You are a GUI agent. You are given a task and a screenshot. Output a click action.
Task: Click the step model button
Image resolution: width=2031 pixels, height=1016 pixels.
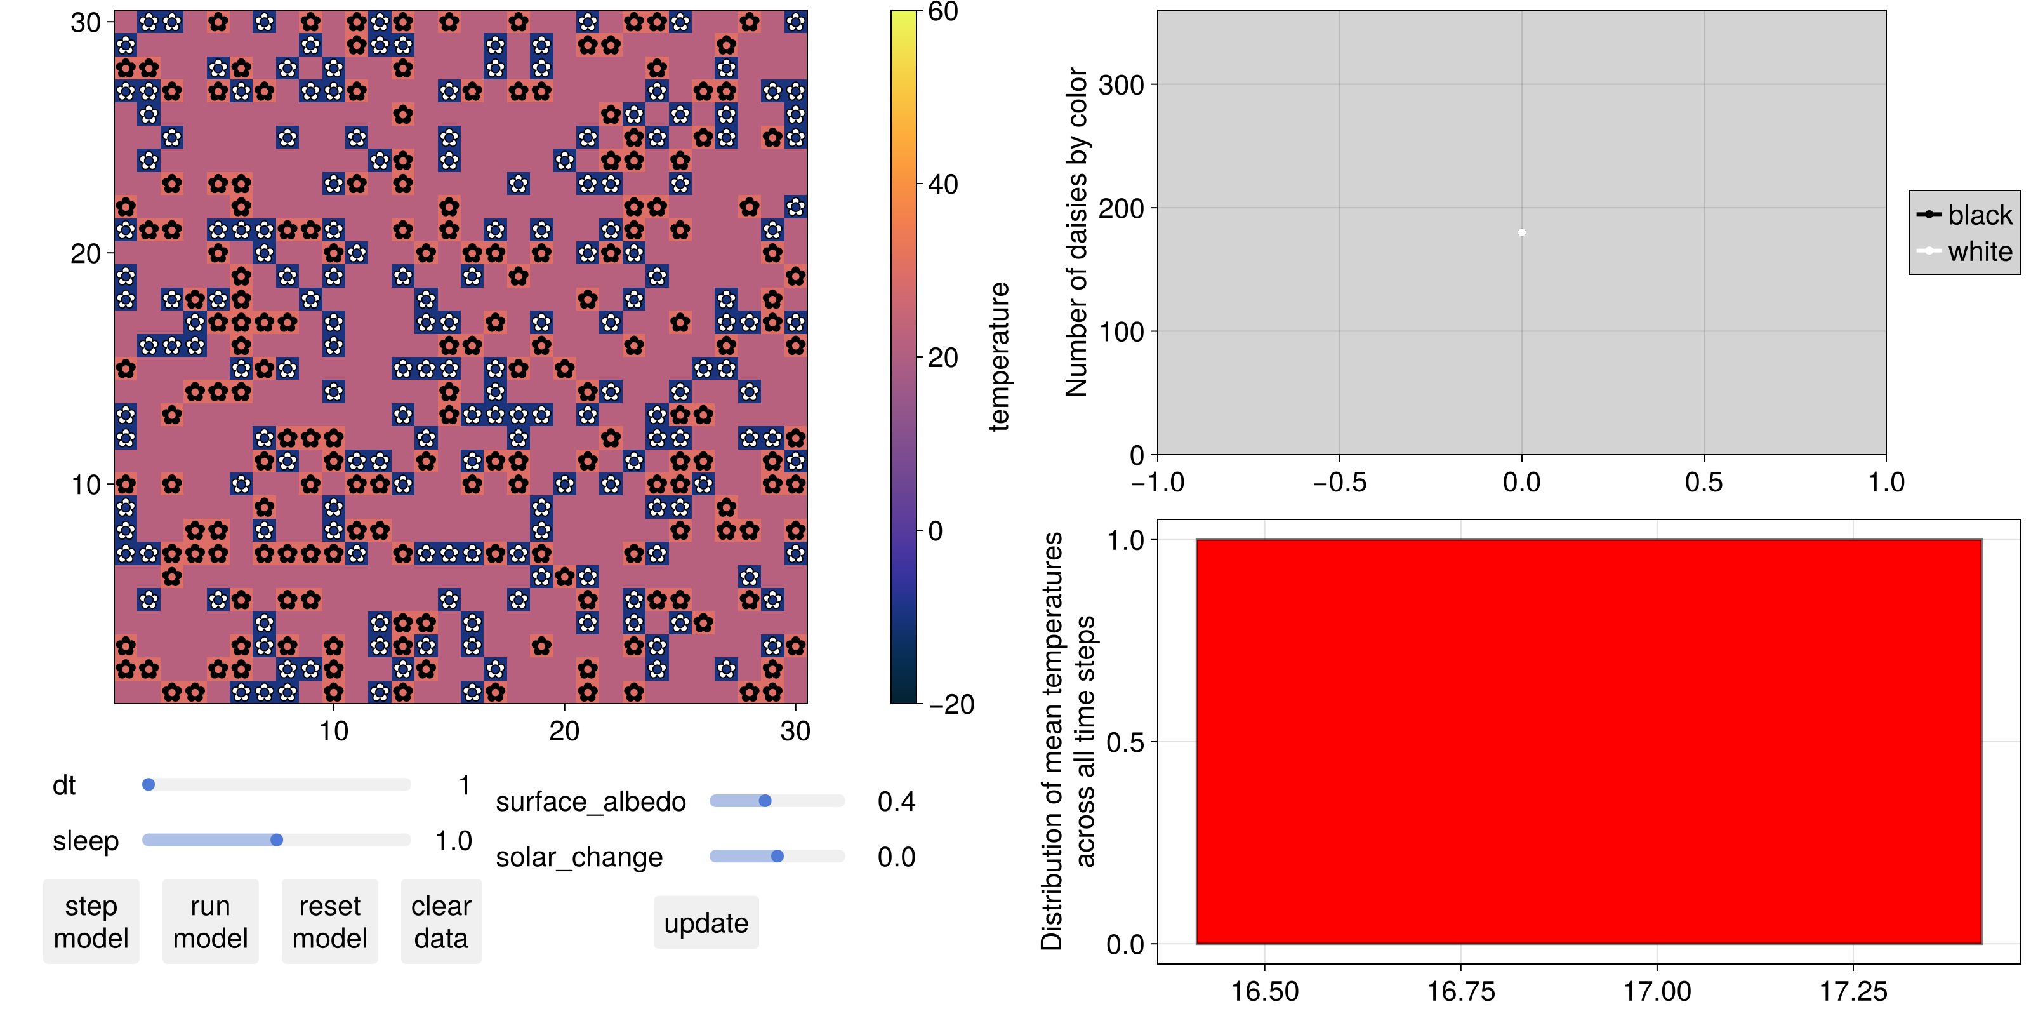pyautogui.click(x=91, y=921)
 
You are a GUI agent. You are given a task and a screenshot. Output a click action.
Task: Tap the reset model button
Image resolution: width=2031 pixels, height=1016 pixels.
pyautogui.click(x=329, y=921)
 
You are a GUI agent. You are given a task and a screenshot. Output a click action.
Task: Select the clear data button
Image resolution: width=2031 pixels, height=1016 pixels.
pyautogui.click(x=440, y=921)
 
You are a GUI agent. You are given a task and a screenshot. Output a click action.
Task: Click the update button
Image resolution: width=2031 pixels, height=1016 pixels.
pyautogui.click(x=706, y=923)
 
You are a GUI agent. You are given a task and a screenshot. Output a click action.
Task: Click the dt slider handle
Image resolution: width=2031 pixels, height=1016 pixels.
pyautogui.click(x=149, y=785)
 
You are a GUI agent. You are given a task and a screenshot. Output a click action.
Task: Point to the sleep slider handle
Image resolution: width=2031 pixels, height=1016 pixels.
pyautogui.click(x=277, y=840)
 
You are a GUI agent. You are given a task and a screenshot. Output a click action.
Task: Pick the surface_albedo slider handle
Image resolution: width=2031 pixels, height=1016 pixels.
pyautogui.click(x=765, y=801)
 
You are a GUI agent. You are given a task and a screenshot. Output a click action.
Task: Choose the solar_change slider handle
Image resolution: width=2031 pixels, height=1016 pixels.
pyautogui.click(x=777, y=857)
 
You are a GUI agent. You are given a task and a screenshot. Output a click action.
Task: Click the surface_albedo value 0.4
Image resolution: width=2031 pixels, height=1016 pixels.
pyautogui.click(x=896, y=802)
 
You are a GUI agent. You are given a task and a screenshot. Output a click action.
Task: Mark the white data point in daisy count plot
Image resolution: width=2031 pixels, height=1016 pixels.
pyautogui.click(x=1522, y=232)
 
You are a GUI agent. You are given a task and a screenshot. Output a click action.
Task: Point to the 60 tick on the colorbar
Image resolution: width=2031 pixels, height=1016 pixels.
pyautogui.click(x=943, y=12)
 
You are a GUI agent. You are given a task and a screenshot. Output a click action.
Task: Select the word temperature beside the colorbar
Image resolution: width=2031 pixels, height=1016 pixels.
pyautogui.click(x=999, y=356)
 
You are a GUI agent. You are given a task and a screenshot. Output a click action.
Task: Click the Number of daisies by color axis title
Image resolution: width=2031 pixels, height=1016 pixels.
pyautogui.click(x=1077, y=232)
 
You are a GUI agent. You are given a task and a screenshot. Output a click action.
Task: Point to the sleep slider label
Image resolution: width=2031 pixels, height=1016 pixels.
pyautogui.click(x=85, y=841)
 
